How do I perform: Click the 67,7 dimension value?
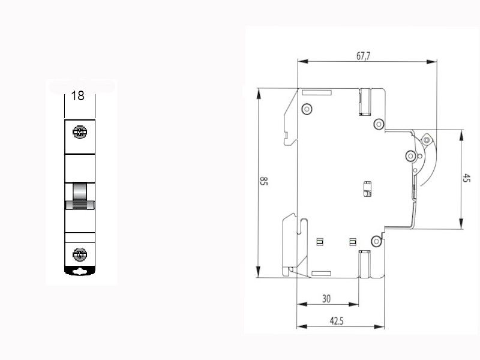click(363, 56)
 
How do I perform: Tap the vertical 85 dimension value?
click(263, 181)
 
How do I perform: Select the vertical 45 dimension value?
click(466, 178)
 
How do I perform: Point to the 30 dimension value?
click(326, 298)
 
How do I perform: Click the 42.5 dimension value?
click(337, 321)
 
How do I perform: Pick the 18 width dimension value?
click(77, 96)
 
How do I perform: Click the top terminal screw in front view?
click(80, 132)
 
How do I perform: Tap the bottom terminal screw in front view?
click(80, 254)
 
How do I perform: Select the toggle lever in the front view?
click(80, 196)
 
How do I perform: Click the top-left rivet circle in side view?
click(307, 109)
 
